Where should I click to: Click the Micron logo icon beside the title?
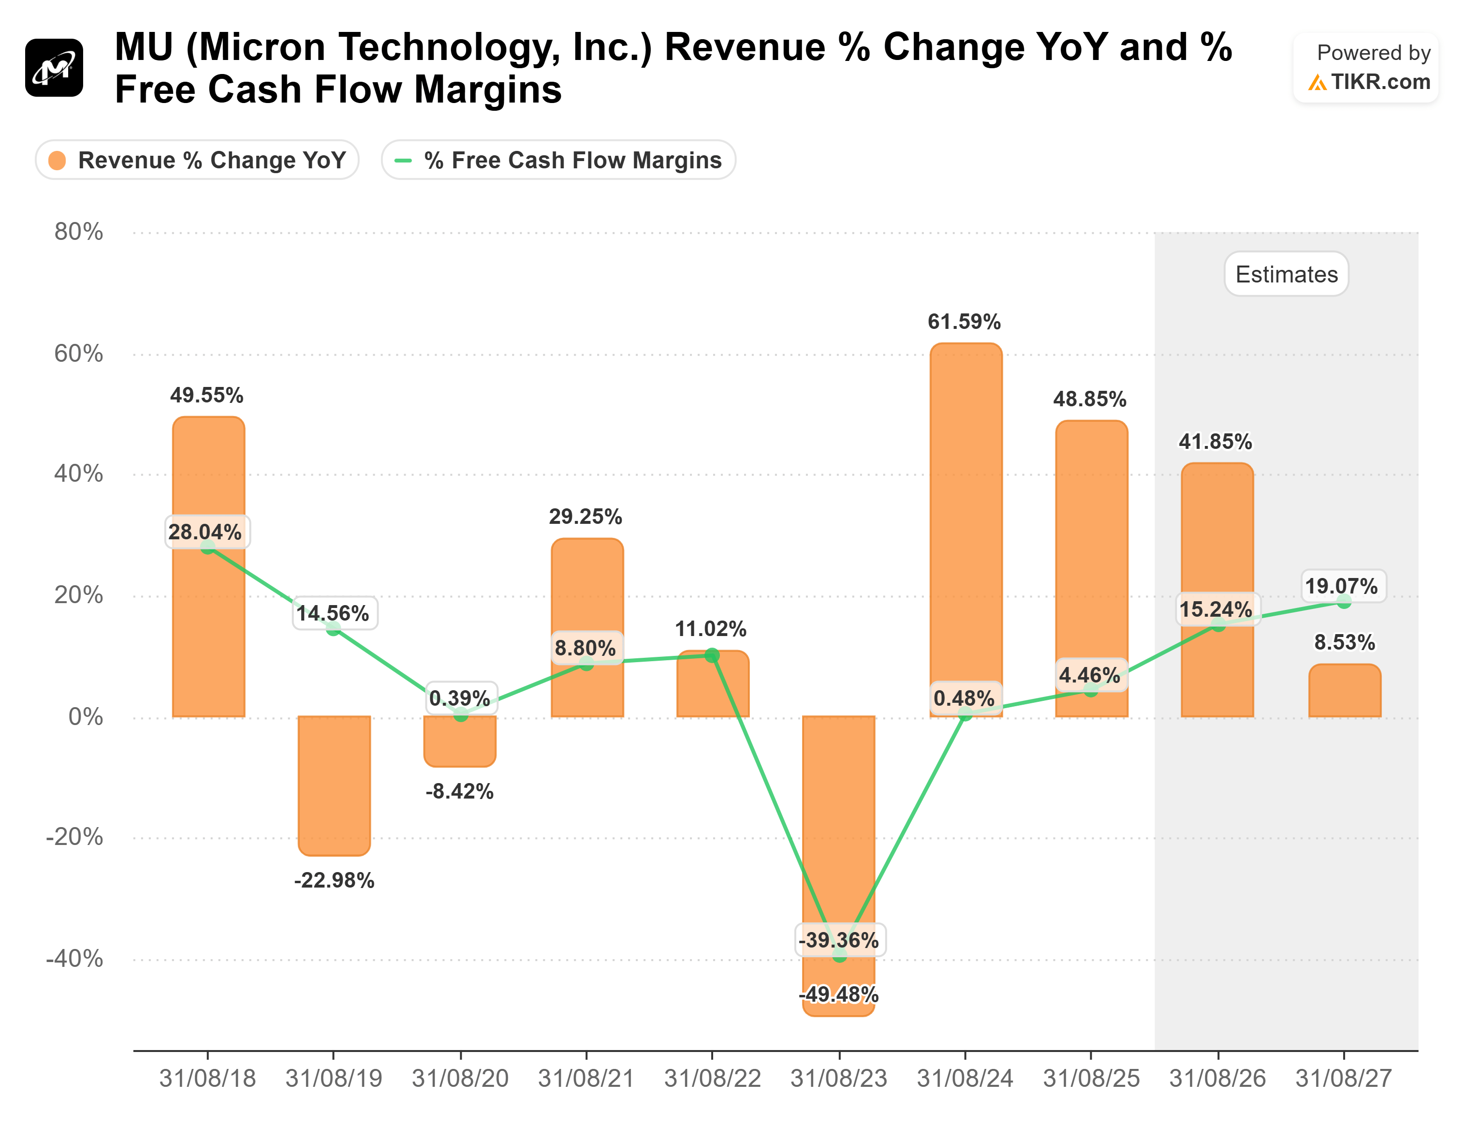tap(54, 68)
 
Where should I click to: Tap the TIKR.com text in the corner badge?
tap(1380, 82)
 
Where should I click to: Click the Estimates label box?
tap(1286, 274)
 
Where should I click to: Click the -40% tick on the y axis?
tap(74, 959)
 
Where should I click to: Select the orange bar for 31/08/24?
tap(966, 523)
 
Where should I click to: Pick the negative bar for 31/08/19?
tap(334, 784)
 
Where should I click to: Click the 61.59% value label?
tap(964, 322)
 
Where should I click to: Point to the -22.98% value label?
tap(334, 880)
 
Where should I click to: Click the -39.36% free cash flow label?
tap(839, 940)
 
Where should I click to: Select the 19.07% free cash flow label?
tap(1342, 586)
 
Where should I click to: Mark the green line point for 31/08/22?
tap(712, 655)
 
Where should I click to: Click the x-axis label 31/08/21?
tap(586, 1079)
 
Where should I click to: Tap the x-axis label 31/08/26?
tap(1217, 1079)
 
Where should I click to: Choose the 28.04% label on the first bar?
tap(205, 532)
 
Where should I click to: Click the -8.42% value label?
tap(459, 792)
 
